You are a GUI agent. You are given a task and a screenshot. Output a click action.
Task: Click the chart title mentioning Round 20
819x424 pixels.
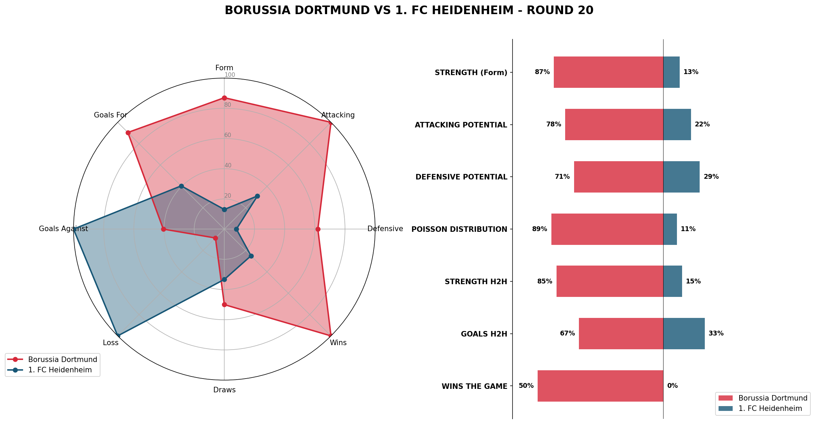pyautogui.click(x=409, y=10)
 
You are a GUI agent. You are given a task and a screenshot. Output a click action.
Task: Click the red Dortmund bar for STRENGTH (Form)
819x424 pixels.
pyautogui.click(x=608, y=72)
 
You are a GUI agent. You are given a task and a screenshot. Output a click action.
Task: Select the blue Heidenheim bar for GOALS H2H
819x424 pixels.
pyautogui.click(x=684, y=333)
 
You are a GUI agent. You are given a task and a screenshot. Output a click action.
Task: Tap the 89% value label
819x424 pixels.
pyautogui.click(x=539, y=229)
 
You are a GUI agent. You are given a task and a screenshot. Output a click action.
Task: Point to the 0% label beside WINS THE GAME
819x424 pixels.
pyautogui.click(x=672, y=386)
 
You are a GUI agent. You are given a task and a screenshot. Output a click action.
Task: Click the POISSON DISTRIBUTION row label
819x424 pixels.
pyautogui.click(x=459, y=229)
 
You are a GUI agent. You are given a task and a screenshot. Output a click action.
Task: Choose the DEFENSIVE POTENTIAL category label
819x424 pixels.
pyautogui.click(x=461, y=177)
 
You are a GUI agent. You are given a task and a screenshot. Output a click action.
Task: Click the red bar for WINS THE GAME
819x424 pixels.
pyautogui.click(x=600, y=386)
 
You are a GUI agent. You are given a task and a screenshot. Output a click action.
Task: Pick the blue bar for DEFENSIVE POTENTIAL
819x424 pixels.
pyautogui.click(x=681, y=177)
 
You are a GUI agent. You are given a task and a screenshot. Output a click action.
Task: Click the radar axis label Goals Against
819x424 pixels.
pyautogui.click(x=63, y=229)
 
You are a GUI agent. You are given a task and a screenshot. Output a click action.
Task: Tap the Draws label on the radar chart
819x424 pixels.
pyautogui.click(x=224, y=390)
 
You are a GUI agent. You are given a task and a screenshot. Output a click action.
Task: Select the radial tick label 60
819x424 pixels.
pyautogui.click(x=228, y=135)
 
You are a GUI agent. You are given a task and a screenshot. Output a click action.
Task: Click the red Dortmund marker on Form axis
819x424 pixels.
pyautogui.click(x=224, y=98)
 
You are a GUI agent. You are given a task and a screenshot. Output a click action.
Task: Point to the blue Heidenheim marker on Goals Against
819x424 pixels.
pyautogui.click(x=74, y=229)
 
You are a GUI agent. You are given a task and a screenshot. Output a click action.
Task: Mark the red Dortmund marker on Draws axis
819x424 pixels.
pyautogui.click(x=224, y=304)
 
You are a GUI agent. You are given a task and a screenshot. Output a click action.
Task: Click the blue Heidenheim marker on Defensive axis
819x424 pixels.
pyautogui.click(x=236, y=229)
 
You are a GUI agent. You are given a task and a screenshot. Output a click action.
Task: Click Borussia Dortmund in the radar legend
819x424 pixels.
pyautogui.click(x=62, y=360)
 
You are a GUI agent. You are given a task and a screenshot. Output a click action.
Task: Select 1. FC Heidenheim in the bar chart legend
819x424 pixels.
pyautogui.click(x=770, y=409)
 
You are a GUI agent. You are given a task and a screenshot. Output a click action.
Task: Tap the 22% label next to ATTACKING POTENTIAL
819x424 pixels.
pyautogui.click(x=702, y=124)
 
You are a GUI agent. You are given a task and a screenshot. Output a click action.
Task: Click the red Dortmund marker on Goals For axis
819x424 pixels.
pyautogui.click(x=128, y=133)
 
